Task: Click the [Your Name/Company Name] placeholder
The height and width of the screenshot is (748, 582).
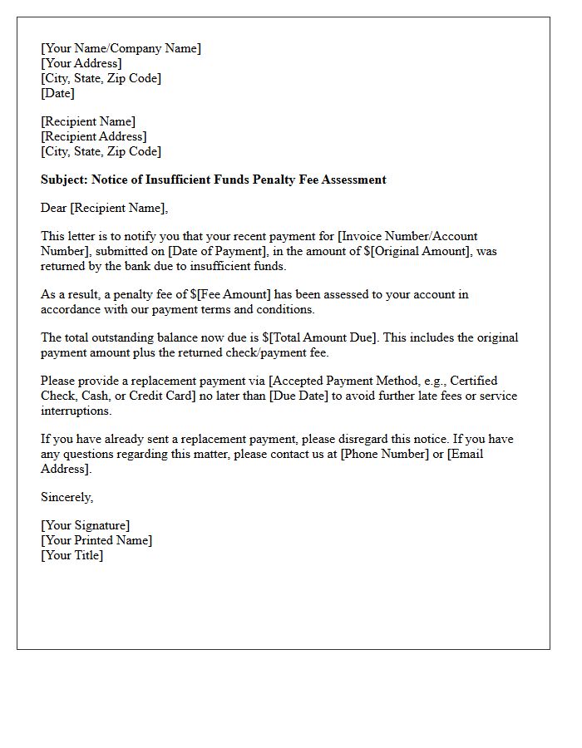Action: pos(121,48)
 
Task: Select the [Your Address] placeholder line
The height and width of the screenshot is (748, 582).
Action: pos(81,63)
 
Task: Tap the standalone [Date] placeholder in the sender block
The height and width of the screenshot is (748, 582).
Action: pos(57,93)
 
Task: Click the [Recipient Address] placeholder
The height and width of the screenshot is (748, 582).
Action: pos(93,136)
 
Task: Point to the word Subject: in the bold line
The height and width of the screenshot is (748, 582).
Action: pos(64,180)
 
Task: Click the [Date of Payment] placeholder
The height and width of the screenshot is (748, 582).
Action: pos(215,251)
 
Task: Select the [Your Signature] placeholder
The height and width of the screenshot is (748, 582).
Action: pos(85,525)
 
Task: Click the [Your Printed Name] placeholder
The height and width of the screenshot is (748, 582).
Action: pos(96,540)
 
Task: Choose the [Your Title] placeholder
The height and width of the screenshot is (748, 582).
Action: pos(72,555)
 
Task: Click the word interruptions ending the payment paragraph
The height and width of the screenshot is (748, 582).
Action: pos(76,411)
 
